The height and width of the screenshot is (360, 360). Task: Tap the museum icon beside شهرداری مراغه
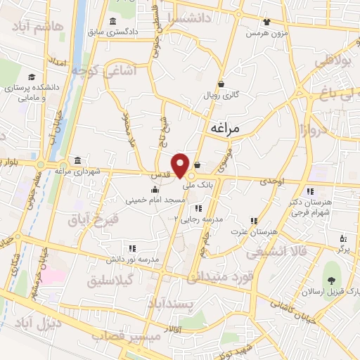tap(76, 160)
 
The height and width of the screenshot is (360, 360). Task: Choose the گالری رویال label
tap(221, 94)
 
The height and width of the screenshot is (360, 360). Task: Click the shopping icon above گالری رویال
tap(221, 83)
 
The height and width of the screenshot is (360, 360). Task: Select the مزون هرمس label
tap(266, 32)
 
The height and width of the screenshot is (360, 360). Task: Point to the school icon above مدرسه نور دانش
tap(132, 248)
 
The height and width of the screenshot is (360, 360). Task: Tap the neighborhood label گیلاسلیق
tap(113, 281)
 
